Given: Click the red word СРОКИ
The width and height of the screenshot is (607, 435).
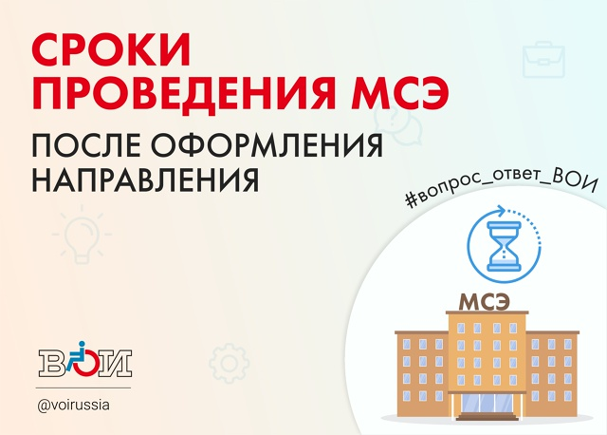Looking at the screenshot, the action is pos(111,50).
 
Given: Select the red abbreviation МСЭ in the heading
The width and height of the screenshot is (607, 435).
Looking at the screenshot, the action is pos(400,93).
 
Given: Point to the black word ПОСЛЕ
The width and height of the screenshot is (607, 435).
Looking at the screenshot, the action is pos(86,145).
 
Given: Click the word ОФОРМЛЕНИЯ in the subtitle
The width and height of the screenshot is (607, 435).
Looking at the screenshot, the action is pos(267,145).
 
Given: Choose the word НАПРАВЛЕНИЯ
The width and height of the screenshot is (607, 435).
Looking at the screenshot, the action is pos(145,180).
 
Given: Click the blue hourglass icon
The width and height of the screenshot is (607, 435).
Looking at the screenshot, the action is pos(504,246).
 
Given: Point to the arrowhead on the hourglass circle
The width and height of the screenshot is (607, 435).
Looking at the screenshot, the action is pos(501,212).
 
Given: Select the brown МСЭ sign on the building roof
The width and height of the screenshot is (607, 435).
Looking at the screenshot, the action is pos(484,302).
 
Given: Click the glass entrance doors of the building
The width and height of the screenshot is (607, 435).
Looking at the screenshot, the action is pos(487,404).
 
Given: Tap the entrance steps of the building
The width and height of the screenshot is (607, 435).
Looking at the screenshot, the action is pos(487,417).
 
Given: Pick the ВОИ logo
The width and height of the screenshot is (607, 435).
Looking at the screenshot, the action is pos(85,360).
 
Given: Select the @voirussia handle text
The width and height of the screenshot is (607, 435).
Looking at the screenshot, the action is pos(74,406).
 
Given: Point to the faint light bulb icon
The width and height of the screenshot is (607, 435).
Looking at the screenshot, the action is pos(83,235).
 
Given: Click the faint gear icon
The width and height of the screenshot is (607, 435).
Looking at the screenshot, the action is pos(229,363).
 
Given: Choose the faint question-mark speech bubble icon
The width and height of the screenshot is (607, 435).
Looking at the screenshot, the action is pos(397,123).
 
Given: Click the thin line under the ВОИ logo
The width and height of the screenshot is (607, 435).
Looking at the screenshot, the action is pos(83,388).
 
